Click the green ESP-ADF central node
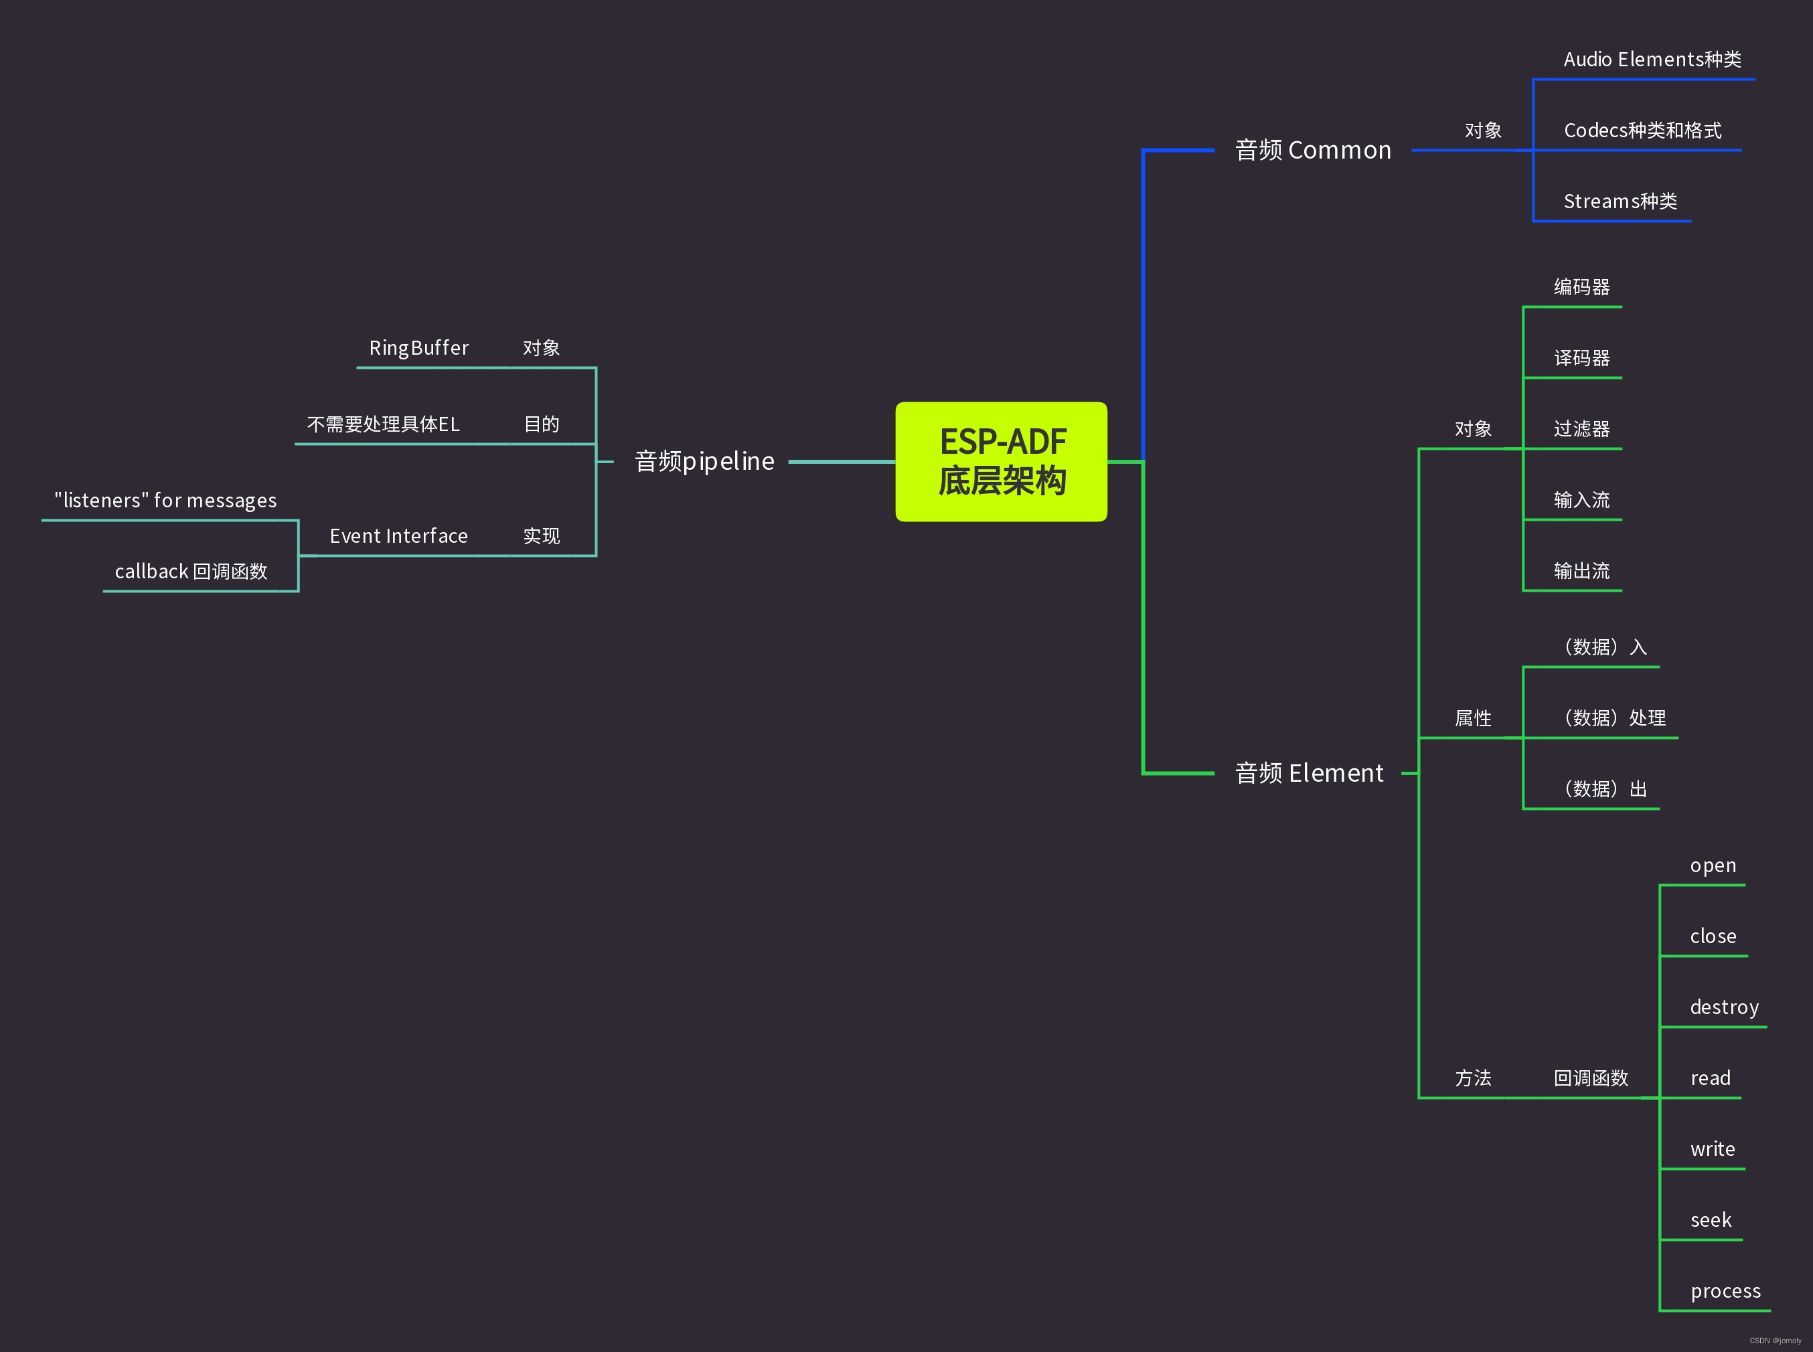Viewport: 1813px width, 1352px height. [x=1001, y=462]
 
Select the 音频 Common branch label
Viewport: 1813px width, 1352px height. [x=1313, y=151]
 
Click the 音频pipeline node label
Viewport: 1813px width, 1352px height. [x=704, y=462]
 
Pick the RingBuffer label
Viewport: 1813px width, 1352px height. [x=418, y=348]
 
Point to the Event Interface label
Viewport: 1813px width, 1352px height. [x=398, y=536]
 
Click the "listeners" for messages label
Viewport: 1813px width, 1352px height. [x=165, y=500]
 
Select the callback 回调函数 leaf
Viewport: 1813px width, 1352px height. [x=191, y=571]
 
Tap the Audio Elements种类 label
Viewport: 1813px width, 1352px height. [x=1652, y=60]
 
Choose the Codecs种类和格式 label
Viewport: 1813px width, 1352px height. [x=1642, y=130]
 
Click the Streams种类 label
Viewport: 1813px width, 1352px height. [x=1620, y=201]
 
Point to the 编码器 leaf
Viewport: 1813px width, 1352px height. [x=1581, y=287]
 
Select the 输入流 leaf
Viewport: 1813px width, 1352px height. [x=1581, y=500]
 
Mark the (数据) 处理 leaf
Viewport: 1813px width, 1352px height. [x=1613, y=717]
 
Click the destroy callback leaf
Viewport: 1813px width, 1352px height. [x=1724, y=1007]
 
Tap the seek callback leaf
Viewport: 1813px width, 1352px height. [x=1711, y=1220]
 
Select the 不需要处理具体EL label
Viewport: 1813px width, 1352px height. [x=383, y=424]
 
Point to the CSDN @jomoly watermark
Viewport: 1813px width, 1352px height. [x=1775, y=1341]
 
